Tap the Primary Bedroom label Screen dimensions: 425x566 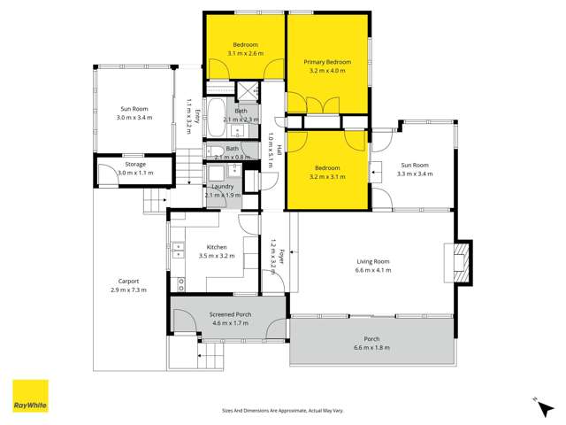click(x=327, y=62)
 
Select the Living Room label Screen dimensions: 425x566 click(x=373, y=261)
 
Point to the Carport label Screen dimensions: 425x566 click(x=128, y=282)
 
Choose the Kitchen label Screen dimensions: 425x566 click(x=217, y=247)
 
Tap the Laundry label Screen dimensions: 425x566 click(x=221, y=187)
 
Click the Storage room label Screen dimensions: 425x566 click(x=134, y=164)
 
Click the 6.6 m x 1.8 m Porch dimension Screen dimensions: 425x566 click(x=372, y=349)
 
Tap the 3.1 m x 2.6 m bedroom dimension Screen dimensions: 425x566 click(x=245, y=54)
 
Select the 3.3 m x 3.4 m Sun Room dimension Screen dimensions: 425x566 click(x=416, y=174)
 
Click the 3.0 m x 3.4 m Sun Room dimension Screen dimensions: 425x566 click(x=136, y=117)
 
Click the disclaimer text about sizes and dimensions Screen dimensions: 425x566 click(x=282, y=410)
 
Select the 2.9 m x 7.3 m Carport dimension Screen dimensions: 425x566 click(x=128, y=290)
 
